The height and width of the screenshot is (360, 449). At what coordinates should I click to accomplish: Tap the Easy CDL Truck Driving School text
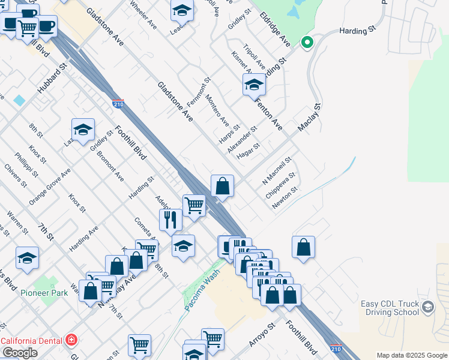pos(390,308)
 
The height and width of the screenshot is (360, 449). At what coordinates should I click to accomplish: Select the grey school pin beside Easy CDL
pos(428,308)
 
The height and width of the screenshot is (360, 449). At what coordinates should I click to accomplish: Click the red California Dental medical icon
pos(71,340)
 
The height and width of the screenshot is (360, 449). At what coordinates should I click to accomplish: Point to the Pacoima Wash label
pos(200,284)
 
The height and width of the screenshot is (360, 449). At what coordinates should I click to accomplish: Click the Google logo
pos(19,353)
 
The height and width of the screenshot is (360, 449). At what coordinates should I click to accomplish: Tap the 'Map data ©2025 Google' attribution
pos(412,355)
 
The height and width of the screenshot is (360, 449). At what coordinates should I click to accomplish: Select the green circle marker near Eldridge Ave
pos(307,42)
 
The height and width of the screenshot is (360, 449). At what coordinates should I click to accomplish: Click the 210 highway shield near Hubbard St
pos(118,104)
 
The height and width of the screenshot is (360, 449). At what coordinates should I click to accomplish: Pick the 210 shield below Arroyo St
pos(336,349)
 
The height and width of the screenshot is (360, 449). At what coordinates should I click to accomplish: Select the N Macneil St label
pos(277,171)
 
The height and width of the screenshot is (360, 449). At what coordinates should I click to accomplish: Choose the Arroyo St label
pos(262,336)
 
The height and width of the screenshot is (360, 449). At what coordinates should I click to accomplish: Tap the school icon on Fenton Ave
pos(254,85)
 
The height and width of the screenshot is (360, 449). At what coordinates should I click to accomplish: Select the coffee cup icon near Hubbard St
pos(47,26)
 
